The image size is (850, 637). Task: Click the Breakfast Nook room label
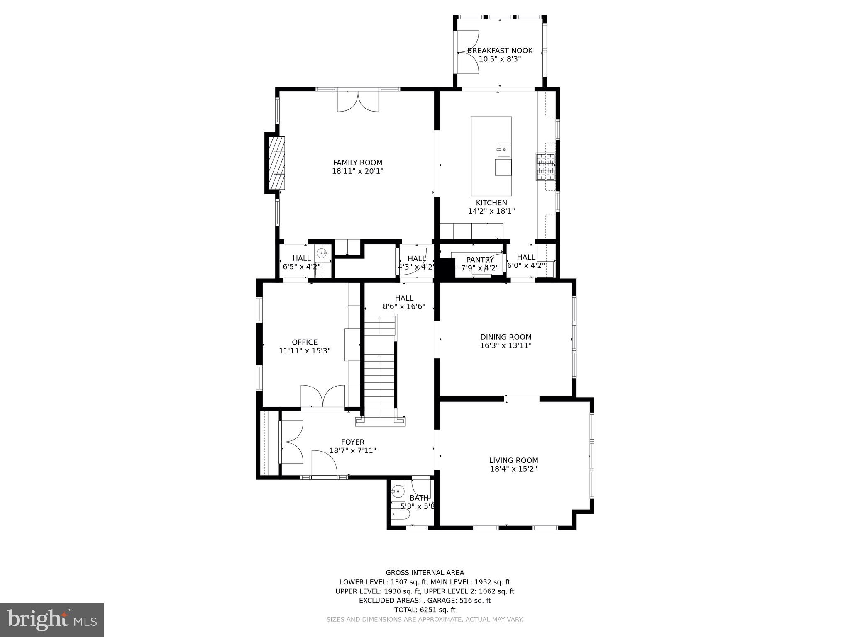500,51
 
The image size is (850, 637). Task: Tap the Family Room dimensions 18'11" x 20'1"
357,171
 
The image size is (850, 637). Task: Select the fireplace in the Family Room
276,163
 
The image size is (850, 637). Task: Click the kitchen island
491,156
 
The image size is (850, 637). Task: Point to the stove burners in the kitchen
545,167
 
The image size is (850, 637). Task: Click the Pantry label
480,260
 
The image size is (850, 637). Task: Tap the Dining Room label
506,337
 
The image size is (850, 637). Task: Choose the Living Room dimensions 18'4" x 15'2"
513,469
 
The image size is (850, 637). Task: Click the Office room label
305,342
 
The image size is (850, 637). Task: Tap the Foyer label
353,442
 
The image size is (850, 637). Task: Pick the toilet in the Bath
400,514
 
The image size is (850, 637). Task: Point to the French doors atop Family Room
358,101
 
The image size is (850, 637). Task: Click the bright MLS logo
52,620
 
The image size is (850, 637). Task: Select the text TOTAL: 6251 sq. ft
425,610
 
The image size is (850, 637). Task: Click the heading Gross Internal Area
425,573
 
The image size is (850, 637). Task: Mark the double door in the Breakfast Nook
468,52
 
